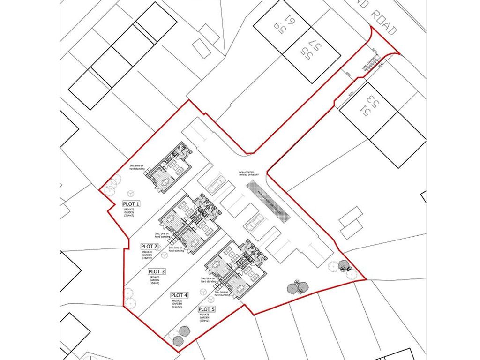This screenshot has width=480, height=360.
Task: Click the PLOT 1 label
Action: click(x=131, y=204)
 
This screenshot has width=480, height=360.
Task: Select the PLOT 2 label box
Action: click(x=150, y=246)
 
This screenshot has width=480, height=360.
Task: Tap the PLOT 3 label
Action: click(x=157, y=271)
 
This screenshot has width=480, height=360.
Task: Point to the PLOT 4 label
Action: click(x=180, y=295)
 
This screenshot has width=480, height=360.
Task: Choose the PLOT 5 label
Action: click(x=207, y=309)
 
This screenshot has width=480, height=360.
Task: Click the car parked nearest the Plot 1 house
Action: click(x=215, y=183)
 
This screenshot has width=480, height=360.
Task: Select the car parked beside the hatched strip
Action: click(x=253, y=222)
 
